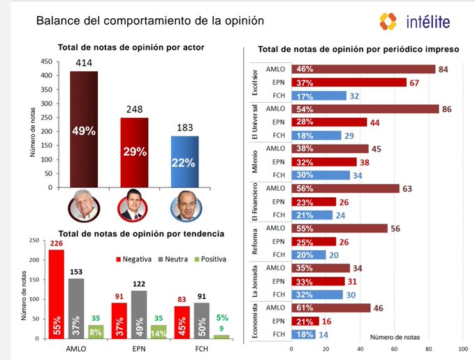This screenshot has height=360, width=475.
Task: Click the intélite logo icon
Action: click(388, 21)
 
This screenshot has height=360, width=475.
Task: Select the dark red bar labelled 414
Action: click(88, 129)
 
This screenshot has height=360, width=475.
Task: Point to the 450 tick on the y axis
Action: click(48, 62)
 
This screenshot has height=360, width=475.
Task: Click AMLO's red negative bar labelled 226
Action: click(57, 294)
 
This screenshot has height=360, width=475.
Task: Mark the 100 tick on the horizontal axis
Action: click(462, 347)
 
